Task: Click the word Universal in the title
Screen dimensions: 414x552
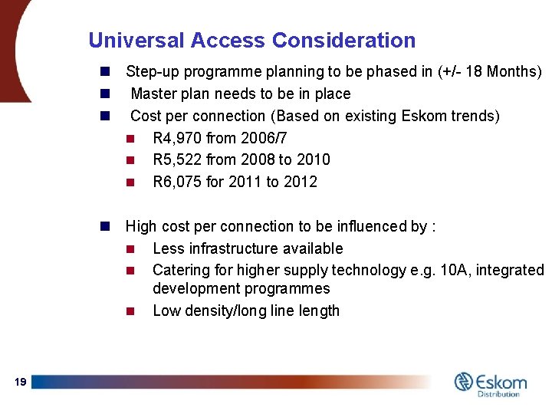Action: click(x=136, y=41)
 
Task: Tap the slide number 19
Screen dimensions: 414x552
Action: click(x=21, y=382)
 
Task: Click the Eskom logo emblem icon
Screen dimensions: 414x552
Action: click(x=464, y=381)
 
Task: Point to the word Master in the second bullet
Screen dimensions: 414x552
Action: click(x=154, y=94)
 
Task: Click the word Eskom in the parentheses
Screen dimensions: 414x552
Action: click(x=420, y=116)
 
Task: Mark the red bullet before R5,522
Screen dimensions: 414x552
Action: click(x=130, y=160)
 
